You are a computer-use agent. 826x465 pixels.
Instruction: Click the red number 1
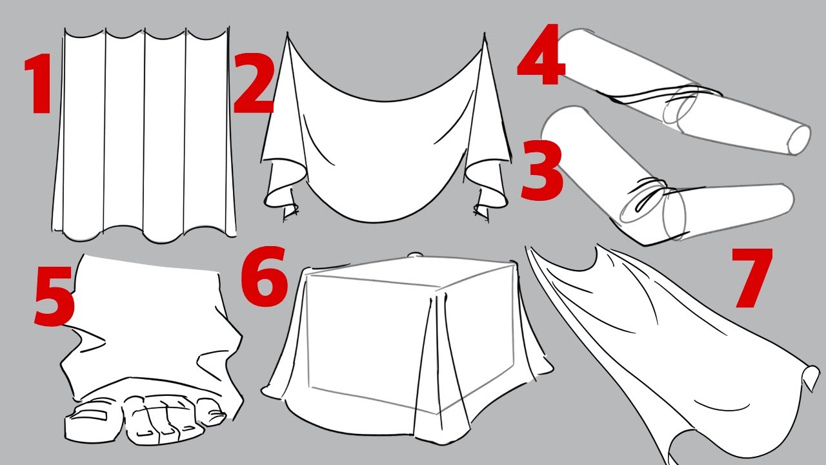click(x=39, y=83)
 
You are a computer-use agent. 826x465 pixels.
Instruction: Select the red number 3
click(x=542, y=170)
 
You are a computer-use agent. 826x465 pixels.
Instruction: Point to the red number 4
click(x=541, y=54)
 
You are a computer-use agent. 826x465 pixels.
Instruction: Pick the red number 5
click(x=55, y=296)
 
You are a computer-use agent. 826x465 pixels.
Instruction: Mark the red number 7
click(x=752, y=278)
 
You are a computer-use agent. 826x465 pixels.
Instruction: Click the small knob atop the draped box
click(x=416, y=255)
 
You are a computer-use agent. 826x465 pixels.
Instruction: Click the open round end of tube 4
click(x=800, y=139)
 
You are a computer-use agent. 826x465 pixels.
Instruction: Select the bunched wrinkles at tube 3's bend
click(x=651, y=196)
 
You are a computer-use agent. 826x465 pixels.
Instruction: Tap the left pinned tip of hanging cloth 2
click(x=288, y=35)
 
